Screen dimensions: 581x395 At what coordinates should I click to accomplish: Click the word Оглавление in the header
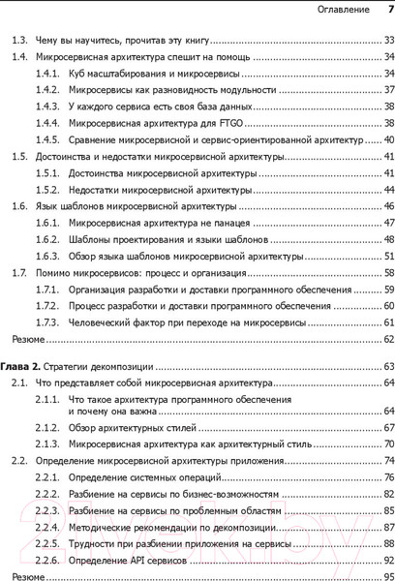(x=343, y=11)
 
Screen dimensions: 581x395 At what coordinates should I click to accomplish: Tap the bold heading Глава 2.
(x=20, y=368)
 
